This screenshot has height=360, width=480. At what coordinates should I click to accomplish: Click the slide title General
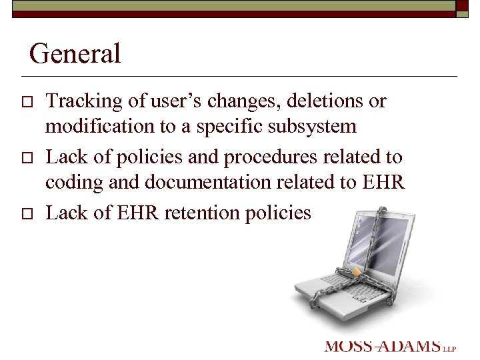pos(75,53)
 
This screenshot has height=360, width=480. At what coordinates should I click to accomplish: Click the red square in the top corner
pos(462,5)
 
